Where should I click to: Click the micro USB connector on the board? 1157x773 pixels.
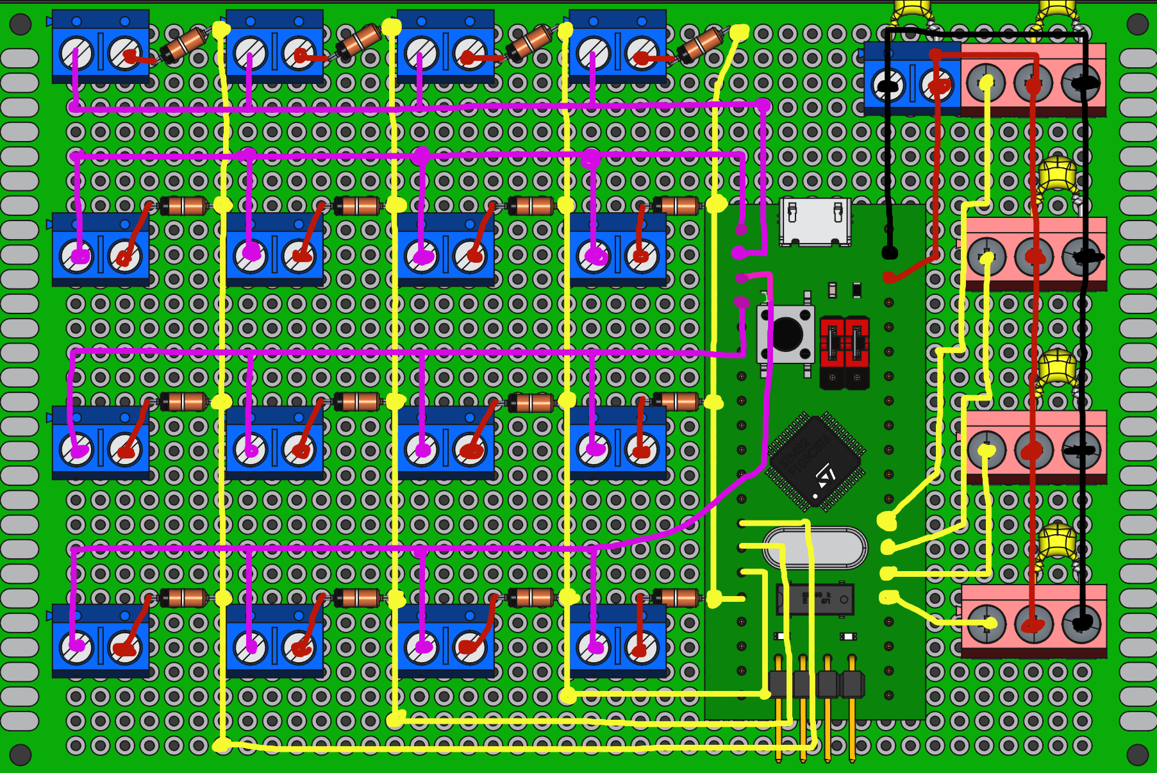[x=815, y=221]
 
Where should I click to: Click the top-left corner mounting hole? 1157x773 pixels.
[x=21, y=24]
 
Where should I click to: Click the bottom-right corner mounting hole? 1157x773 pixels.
[x=1137, y=754]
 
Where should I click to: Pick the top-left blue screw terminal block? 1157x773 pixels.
[x=101, y=47]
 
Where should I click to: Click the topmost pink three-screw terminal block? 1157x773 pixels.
[x=1033, y=79]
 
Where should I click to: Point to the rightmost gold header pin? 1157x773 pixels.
[x=852, y=718]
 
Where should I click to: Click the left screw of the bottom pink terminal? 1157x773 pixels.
[x=986, y=623]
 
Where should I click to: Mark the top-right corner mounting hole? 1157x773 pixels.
[x=1137, y=24]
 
